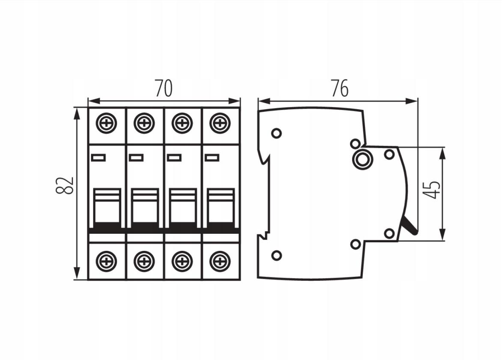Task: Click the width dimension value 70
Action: pos(163,88)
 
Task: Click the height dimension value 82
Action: pos(65,185)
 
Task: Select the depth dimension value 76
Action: pos(340,88)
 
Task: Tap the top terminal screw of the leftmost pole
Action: pos(107,123)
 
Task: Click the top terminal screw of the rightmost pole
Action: pos(220,123)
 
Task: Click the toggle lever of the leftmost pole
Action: pos(107,208)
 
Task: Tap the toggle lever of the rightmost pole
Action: pos(220,208)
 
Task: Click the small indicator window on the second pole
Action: pos(136,158)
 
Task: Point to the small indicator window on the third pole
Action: pos(174,158)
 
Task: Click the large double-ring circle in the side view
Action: pos(362,158)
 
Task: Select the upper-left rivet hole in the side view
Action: pos(276,133)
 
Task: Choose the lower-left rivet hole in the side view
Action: pos(276,256)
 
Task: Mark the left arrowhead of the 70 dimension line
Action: pos(93,101)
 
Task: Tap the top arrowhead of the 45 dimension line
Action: pos(443,153)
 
